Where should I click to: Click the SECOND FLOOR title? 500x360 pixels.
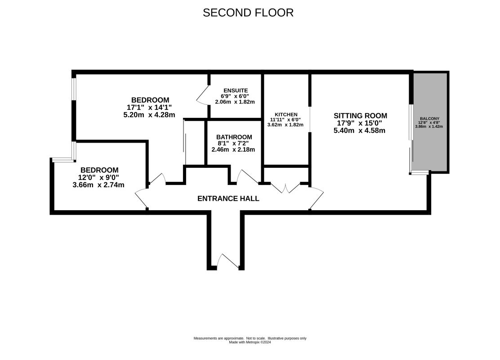coord(248,13)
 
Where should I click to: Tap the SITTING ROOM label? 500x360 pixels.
coord(360,116)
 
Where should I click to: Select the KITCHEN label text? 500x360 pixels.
coord(286,114)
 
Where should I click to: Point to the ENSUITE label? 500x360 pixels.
coord(236,90)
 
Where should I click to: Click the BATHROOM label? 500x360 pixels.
coord(234,137)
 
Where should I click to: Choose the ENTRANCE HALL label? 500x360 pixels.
coord(228,198)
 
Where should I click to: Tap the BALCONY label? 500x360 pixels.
coord(429,118)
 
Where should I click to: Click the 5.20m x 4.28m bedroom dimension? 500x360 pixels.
coord(149,115)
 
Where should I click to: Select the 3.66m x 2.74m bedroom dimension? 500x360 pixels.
coord(98,185)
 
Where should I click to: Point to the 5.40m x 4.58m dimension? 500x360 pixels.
coord(359,130)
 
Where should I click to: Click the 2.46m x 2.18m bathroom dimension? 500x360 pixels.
coord(233,149)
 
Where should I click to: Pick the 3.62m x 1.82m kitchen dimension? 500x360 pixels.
coord(286,125)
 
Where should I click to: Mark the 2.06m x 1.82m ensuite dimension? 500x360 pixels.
coord(235,102)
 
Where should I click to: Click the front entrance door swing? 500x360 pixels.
coord(227,260)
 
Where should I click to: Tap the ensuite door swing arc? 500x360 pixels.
coord(201,95)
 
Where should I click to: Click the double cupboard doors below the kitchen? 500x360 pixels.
coord(286,188)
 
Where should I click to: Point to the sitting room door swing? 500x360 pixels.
coord(317,198)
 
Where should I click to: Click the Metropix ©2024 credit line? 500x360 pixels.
coord(250,342)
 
